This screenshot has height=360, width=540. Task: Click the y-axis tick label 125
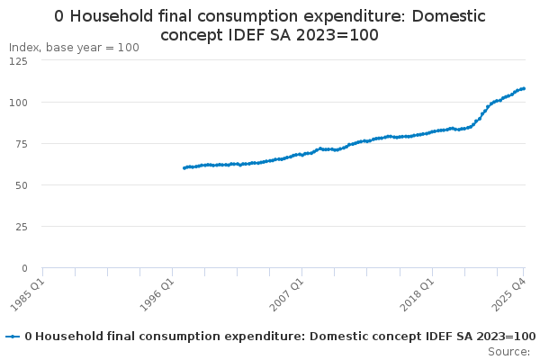point(17,60)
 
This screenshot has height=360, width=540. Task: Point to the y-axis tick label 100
point(17,102)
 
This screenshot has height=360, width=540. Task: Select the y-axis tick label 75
point(20,143)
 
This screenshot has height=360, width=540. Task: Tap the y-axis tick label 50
point(20,184)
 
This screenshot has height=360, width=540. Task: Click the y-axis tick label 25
point(20,226)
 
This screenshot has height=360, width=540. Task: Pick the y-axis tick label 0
point(23,267)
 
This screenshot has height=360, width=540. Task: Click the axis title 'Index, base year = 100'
point(74,47)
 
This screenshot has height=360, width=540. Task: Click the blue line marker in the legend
point(13,337)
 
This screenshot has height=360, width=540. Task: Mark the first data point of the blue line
point(184,167)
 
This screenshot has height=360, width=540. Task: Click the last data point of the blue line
point(524,88)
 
